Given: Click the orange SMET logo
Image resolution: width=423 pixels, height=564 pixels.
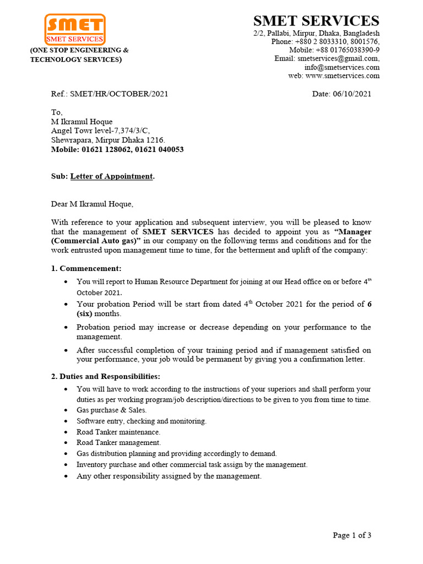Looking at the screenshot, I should click(x=74, y=29).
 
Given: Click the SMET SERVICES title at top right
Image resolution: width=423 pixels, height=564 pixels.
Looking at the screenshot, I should click(x=316, y=21).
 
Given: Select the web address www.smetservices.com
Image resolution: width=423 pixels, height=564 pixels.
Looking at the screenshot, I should click(x=342, y=75).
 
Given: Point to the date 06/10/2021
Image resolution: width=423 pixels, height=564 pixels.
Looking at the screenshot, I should click(x=352, y=94).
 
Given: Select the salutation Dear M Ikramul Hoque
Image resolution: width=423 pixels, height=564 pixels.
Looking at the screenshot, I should click(x=92, y=204).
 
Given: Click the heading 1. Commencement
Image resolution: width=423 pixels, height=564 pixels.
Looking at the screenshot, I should click(x=86, y=268).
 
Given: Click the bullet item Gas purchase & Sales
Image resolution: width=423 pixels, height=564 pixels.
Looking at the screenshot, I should click(x=112, y=410).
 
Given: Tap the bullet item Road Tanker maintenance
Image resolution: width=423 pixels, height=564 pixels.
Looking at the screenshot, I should click(x=118, y=432).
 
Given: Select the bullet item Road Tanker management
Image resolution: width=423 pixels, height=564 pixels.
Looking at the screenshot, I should click(x=119, y=443).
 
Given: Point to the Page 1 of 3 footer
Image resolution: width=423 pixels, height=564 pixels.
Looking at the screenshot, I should click(x=352, y=535).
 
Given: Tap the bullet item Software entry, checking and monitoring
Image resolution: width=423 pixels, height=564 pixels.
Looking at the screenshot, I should click(x=142, y=421).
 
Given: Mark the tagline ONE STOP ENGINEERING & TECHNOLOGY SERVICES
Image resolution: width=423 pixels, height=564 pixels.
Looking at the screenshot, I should click(x=79, y=55).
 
